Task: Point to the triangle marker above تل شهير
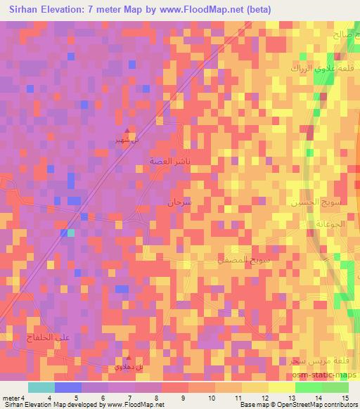point(127,131)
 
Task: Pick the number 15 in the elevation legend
point(345,398)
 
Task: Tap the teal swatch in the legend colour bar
point(41,387)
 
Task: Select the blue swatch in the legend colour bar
point(68,387)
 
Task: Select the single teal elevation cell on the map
point(70,233)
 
